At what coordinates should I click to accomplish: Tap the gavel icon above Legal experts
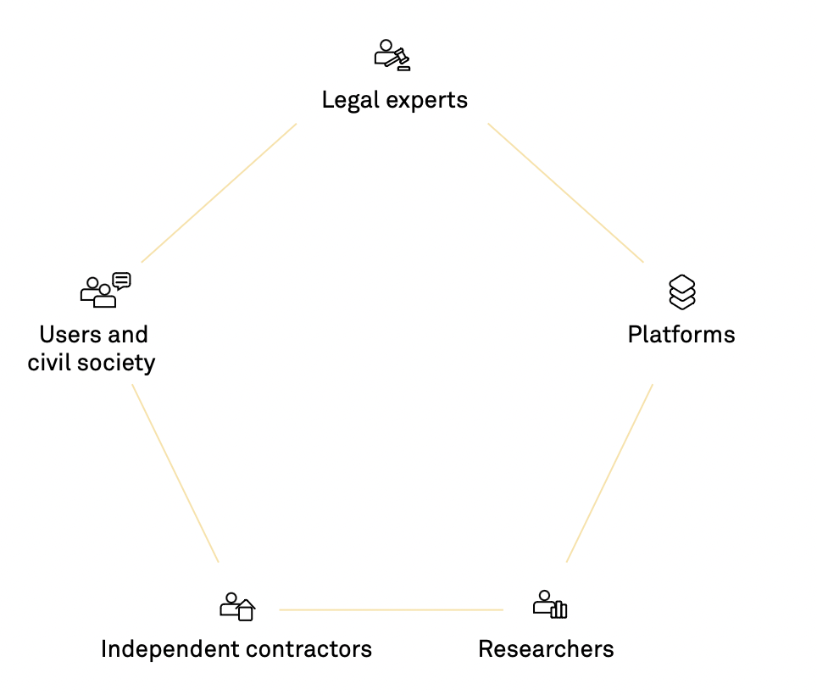click(x=392, y=55)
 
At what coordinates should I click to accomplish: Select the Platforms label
click(x=681, y=335)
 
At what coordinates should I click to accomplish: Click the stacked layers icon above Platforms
click(x=682, y=292)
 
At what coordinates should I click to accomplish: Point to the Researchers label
click(x=546, y=649)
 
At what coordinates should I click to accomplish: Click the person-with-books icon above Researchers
click(x=550, y=604)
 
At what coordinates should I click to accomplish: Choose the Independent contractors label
click(x=236, y=649)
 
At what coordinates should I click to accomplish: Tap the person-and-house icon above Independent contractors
click(x=237, y=607)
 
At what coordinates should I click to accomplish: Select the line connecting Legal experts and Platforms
click(x=566, y=192)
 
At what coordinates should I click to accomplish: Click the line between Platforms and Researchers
click(x=609, y=473)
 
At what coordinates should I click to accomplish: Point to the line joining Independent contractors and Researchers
click(x=392, y=609)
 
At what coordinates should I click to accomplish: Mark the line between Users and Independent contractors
click(x=175, y=473)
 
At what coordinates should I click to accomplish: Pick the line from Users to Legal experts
click(x=219, y=192)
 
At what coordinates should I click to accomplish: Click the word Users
click(x=69, y=335)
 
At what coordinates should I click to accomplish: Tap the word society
click(x=116, y=364)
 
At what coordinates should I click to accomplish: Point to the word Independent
click(x=170, y=649)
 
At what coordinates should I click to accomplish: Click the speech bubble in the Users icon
click(x=122, y=281)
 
